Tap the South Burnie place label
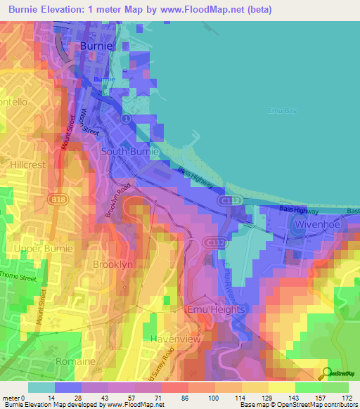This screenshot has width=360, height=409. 131,151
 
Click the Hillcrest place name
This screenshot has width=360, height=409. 28,164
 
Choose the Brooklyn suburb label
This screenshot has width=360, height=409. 112,264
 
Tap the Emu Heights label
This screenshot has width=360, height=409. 216,309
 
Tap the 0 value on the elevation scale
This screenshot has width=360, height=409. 24,398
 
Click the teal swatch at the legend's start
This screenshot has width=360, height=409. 41,387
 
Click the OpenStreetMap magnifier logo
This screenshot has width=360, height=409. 326,372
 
